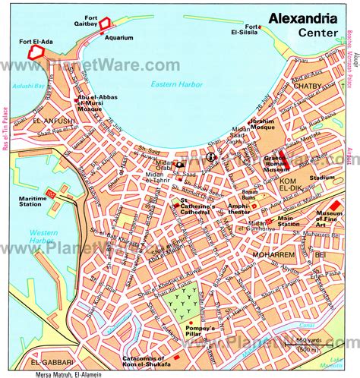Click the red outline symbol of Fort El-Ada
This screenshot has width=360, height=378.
36,52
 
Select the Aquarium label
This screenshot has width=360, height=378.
119,36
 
